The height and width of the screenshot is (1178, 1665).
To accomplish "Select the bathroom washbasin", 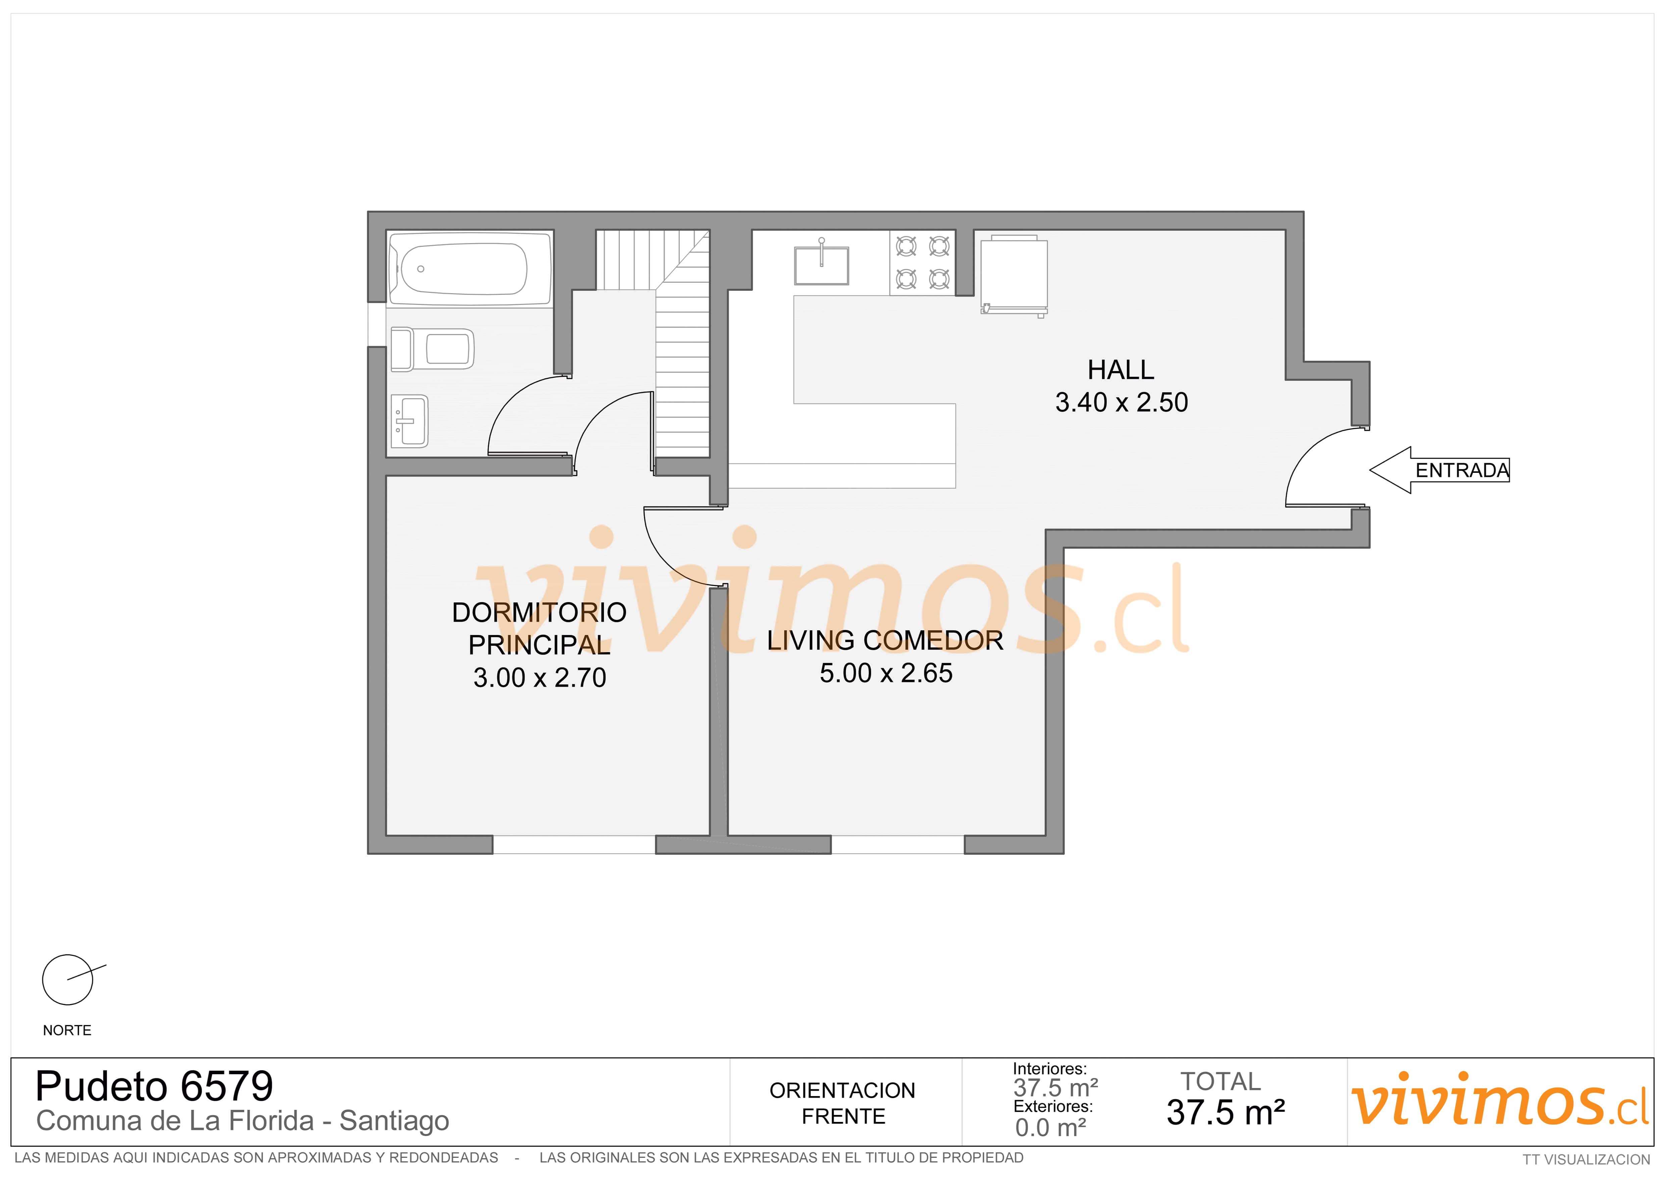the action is [x=410, y=421].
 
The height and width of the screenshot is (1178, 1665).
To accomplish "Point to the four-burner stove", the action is [x=922, y=263].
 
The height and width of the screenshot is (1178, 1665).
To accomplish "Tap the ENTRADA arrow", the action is [x=1439, y=470].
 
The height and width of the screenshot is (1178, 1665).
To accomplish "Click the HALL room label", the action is [x=1120, y=370].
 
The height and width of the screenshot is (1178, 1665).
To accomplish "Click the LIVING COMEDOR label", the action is [x=885, y=640].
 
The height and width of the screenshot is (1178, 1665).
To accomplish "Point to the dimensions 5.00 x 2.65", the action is [x=885, y=673].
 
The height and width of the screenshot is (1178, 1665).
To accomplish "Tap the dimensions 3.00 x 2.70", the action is [x=540, y=678].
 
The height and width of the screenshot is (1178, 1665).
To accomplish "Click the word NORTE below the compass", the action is [x=67, y=1031].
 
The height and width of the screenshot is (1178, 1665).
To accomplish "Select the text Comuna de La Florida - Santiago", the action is [x=242, y=1121].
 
